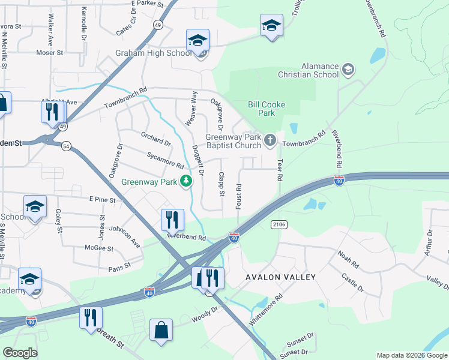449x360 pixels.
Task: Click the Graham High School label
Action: (x=154, y=53)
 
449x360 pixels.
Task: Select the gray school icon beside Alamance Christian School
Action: (x=348, y=70)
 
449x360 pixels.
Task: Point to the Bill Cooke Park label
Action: (x=267, y=109)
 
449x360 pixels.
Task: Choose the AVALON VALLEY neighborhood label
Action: (x=280, y=277)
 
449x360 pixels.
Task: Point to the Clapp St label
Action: (x=221, y=184)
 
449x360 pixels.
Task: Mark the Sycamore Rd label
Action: (x=165, y=160)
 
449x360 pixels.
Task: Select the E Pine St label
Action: (x=101, y=199)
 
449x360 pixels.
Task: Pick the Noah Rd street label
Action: (x=348, y=260)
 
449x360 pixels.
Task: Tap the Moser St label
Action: (x=49, y=53)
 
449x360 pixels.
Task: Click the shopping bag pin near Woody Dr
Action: (x=161, y=330)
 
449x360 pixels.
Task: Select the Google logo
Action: (x=20, y=353)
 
